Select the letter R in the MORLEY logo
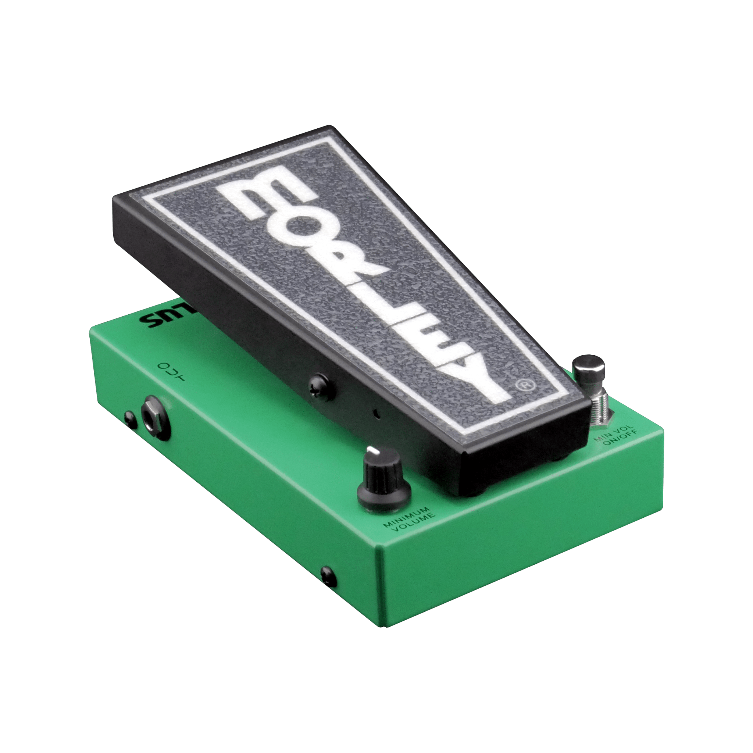click(x=341, y=261)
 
